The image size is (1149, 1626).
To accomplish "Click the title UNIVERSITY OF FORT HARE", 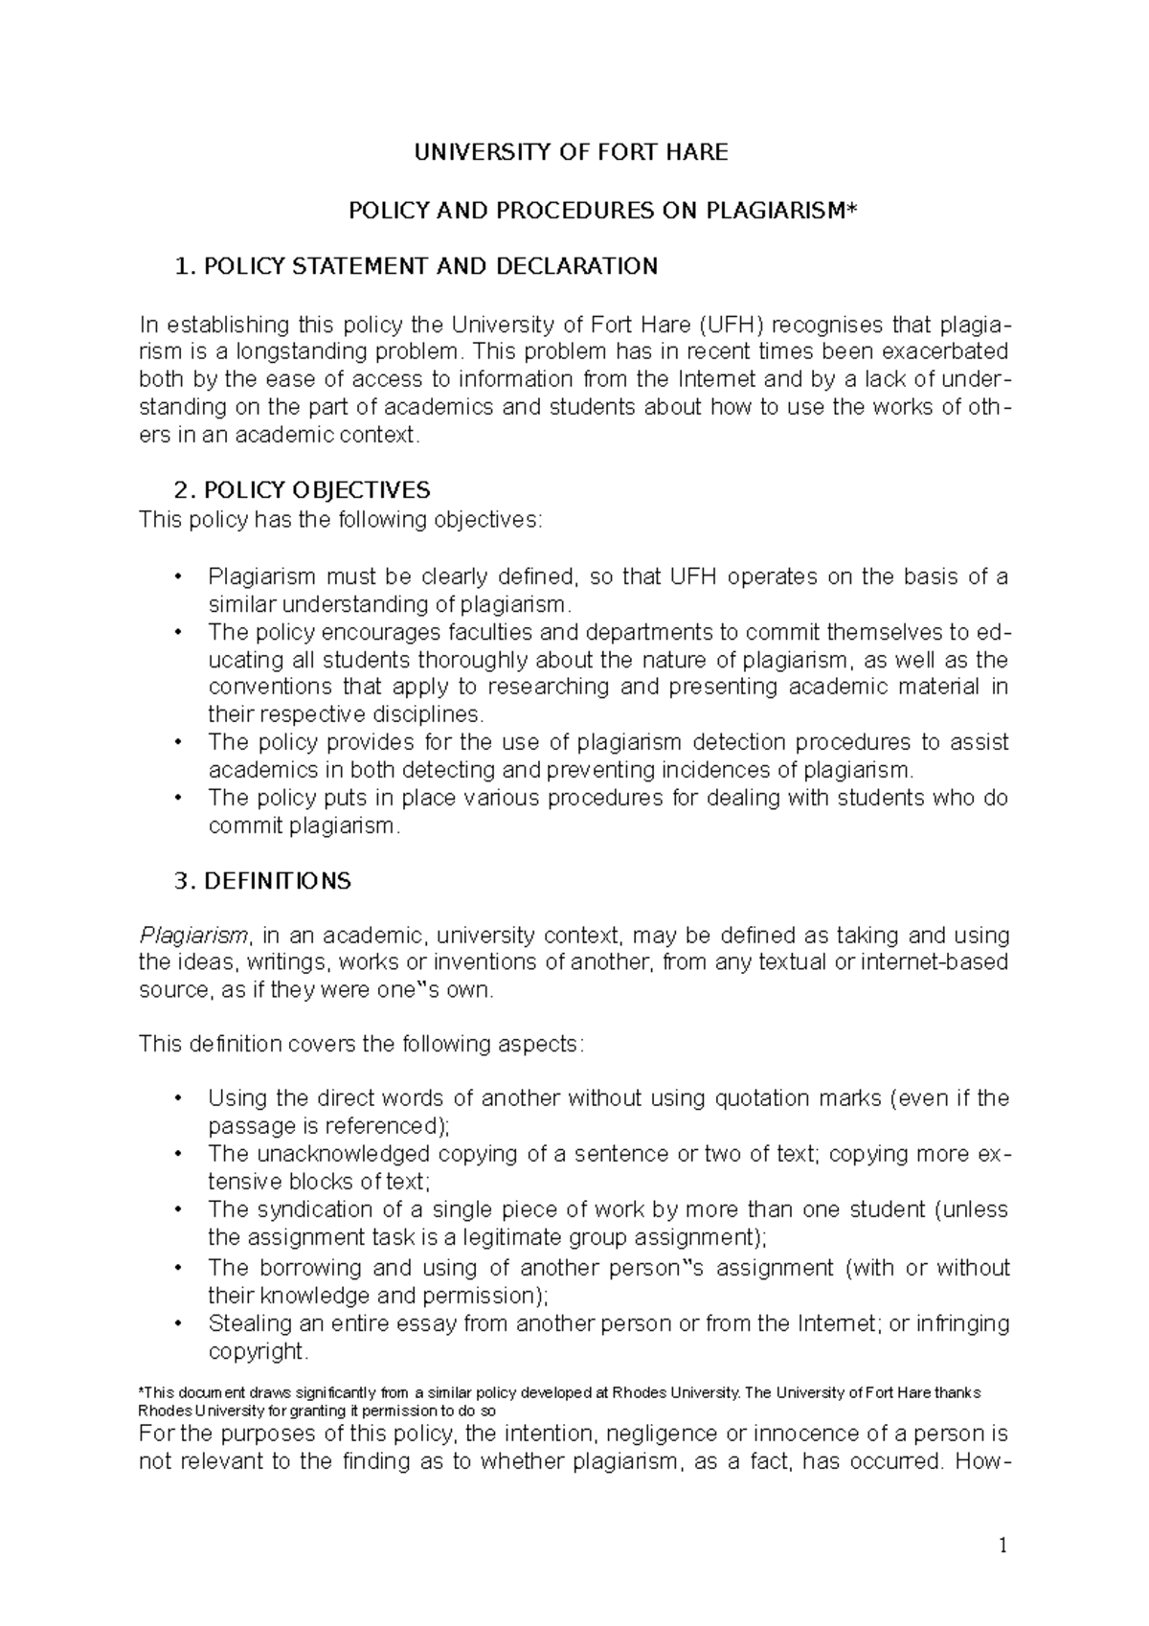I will tap(571, 152).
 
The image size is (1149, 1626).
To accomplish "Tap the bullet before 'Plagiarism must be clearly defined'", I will tap(177, 577).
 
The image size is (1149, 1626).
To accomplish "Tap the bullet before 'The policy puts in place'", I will tap(177, 798).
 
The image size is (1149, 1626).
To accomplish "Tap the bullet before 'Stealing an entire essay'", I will tap(177, 1324).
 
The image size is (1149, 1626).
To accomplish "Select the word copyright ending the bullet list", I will tap(257, 1352).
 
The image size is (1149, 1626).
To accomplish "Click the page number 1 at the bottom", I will tap(1003, 1546).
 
